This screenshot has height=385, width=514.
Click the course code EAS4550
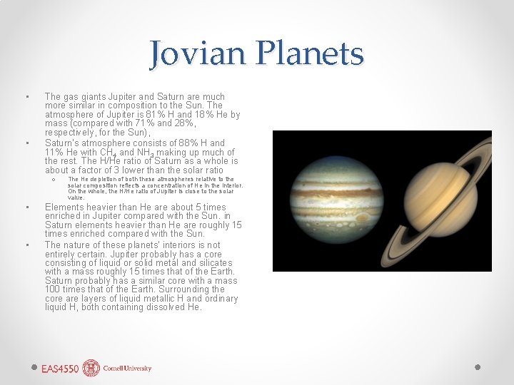(x=59, y=369)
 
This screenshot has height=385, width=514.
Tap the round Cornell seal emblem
(x=91, y=368)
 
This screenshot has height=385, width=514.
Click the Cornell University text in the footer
(x=127, y=369)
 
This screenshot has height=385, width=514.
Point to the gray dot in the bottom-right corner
(x=478, y=366)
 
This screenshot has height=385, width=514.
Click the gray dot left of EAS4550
(x=34, y=366)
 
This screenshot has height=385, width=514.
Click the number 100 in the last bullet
(x=53, y=289)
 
